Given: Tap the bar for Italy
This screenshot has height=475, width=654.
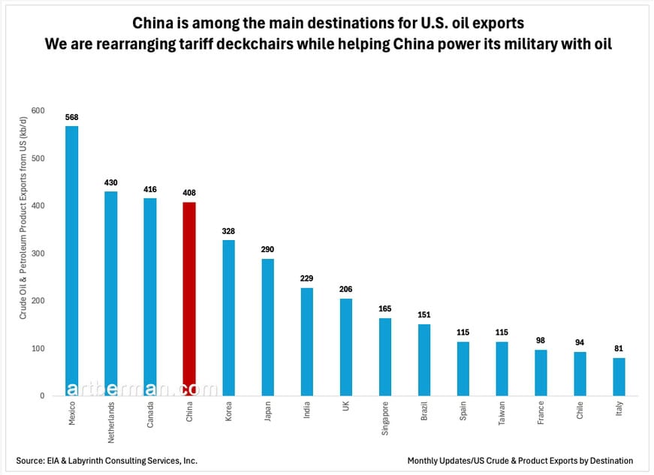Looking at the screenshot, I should [619, 377].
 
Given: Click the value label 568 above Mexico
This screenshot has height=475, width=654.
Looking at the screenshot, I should [72, 117].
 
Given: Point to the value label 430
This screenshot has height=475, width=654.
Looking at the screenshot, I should [111, 182].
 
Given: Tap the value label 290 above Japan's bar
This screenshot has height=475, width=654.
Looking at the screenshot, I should [267, 249].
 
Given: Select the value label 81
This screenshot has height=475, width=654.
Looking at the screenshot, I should [619, 348].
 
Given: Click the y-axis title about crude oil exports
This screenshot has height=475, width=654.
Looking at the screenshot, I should [23, 253].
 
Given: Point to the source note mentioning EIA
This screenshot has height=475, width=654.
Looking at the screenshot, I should [107, 460].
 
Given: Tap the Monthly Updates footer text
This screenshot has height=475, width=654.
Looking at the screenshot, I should [520, 460].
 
